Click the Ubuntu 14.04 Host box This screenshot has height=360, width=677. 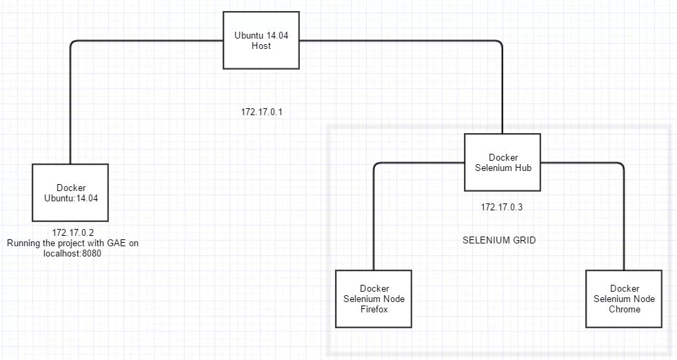pyautogui.click(x=262, y=41)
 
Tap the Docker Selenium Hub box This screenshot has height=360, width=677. pyautogui.click(x=503, y=163)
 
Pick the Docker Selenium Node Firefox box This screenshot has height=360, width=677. pyautogui.click(x=373, y=299)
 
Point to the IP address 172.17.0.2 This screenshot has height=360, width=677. pyautogui.click(x=73, y=232)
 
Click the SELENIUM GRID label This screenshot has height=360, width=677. pyautogui.click(x=499, y=241)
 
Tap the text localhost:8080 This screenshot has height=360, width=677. pyautogui.click(x=73, y=253)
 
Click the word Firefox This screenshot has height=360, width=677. pyautogui.click(x=373, y=309)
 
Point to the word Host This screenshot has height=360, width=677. pyautogui.click(x=262, y=46)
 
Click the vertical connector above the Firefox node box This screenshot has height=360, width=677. pyautogui.click(x=374, y=221)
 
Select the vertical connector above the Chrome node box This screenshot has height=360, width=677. pyautogui.click(x=624, y=221)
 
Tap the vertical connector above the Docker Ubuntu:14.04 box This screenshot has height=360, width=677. pyautogui.click(x=70, y=103)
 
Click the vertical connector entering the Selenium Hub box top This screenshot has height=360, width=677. pyautogui.click(x=503, y=90)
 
